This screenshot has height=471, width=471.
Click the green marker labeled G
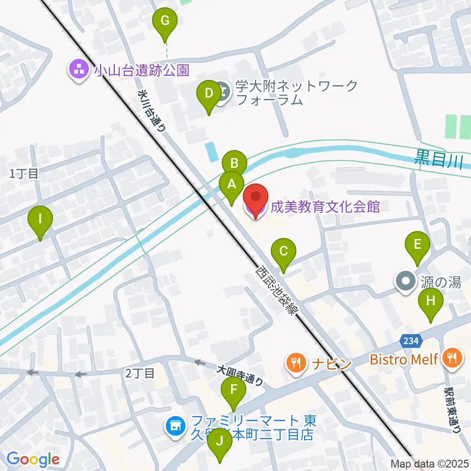click(164, 22)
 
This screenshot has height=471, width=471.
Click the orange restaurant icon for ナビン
click(295, 363)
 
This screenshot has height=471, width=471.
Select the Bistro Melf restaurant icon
click(450, 358)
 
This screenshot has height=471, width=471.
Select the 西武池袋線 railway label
click(275, 290)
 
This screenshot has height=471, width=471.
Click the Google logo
click(33, 459)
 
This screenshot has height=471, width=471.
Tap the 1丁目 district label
click(24, 173)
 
